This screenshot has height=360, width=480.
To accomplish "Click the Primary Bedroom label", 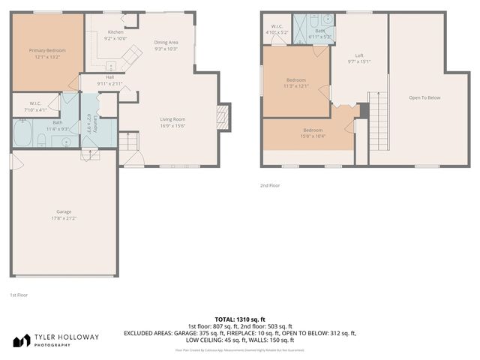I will click(x=47, y=50).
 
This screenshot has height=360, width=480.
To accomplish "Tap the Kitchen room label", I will click(x=115, y=32).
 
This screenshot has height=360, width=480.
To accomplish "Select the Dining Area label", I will click(x=166, y=43).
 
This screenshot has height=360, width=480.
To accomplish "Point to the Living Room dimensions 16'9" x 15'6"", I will click(x=172, y=125).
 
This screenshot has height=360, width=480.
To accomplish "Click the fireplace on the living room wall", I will click(x=221, y=116).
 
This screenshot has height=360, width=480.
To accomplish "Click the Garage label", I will click(x=64, y=211).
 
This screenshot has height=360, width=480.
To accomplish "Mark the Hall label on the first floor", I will click(x=109, y=76).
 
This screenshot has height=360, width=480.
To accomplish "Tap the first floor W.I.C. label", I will click(x=35, y=103).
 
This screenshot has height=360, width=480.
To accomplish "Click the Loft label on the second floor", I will click(x=359, y=55).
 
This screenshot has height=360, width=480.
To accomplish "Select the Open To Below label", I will click(x=424, y=97).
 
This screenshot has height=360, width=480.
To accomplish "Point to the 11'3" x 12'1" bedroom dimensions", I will click(x=296, y=86).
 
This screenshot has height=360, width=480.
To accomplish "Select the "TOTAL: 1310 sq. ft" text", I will click(x=239, y=319).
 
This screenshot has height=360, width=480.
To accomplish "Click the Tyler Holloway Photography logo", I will click(x=55, y=340).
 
